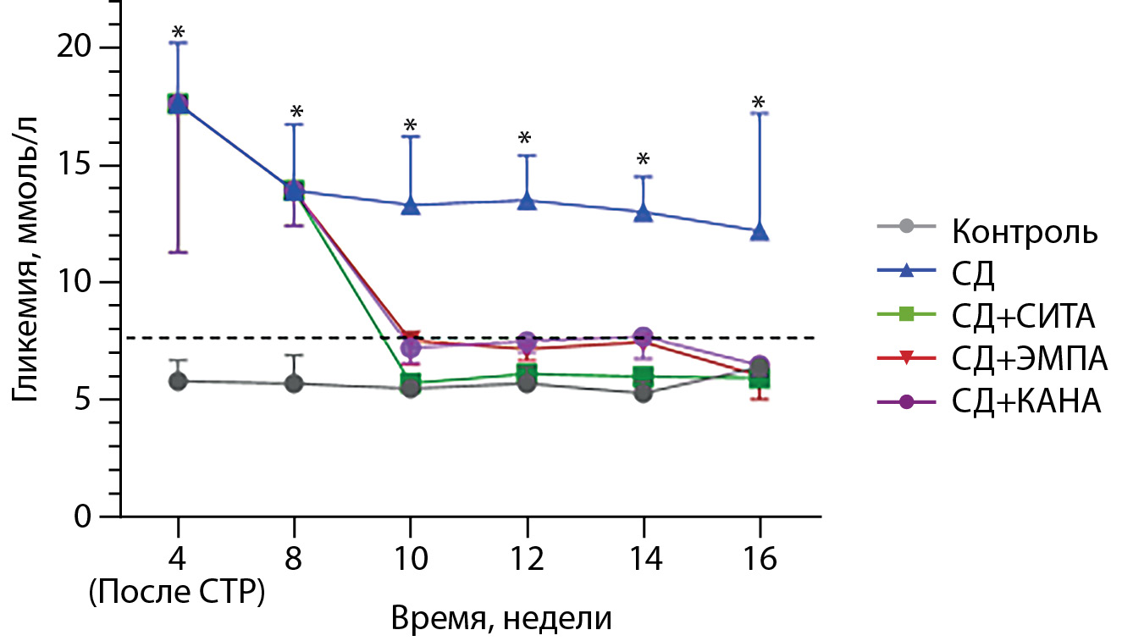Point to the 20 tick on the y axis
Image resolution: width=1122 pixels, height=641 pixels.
click(x=79, y=47)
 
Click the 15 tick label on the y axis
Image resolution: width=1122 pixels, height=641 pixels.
click(x=79, y=165)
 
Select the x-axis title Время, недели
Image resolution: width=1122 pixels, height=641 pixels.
click(x=500, y=619)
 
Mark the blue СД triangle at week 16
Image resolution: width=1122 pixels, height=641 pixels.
click(x=760, y=231)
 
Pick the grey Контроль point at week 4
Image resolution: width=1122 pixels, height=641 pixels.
click(x=178, y=381)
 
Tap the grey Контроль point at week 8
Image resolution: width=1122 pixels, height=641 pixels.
click(x=294, y=384)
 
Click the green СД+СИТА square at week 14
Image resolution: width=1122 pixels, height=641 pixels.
click(x=644, y=375)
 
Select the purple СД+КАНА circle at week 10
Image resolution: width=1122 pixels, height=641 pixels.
click(x=411, y=346)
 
